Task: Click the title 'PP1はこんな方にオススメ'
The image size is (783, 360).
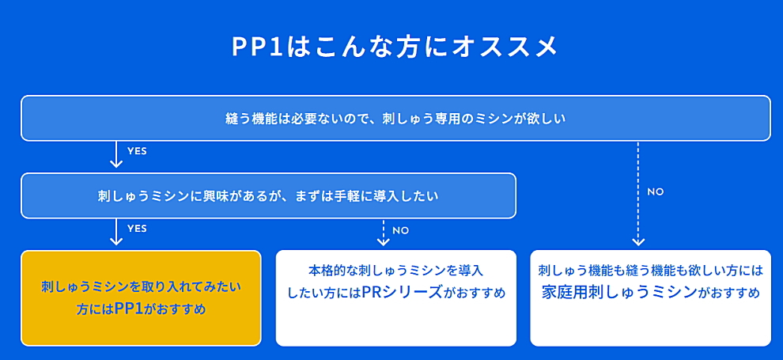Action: [394, 47]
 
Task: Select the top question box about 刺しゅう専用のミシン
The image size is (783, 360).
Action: [395, 118]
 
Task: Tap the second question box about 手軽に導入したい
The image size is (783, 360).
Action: [268, 195]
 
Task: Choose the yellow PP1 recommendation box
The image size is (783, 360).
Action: [141, 298]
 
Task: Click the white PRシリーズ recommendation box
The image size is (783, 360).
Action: [396, 298]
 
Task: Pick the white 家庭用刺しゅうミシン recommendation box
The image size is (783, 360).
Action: [651, 298]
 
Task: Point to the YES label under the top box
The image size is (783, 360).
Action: [137, 151]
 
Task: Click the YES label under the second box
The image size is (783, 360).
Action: [137, 229]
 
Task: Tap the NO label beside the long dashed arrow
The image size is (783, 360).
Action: [655, 192]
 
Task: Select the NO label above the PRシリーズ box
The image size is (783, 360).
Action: [400, 231]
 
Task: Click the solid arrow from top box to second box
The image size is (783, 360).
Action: [115, 154]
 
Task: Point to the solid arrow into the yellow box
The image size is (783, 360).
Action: [115, 232]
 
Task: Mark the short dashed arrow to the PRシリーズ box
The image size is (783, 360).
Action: [383, 233]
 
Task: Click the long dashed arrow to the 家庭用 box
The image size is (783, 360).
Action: [637, 194]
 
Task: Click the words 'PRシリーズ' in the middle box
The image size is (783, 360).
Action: [403, 292]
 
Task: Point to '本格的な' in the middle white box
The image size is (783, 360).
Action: [328, 271]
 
